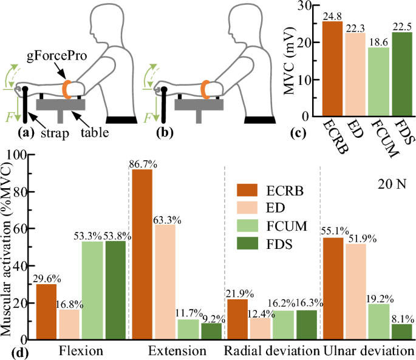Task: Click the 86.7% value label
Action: (139, 163)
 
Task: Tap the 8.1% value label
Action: (399, 318)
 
